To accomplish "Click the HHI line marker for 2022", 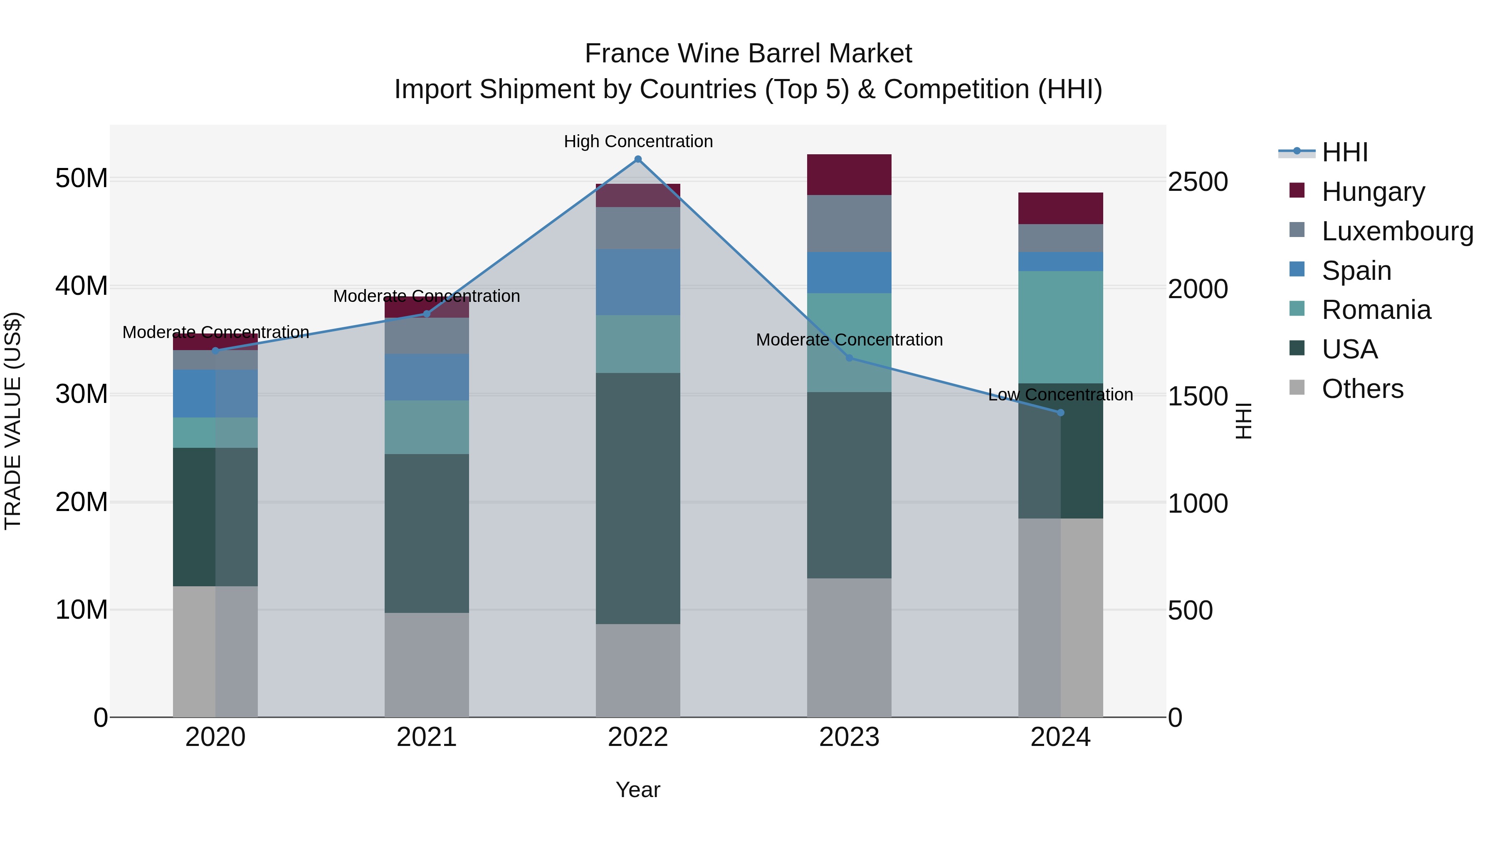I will point(637,159).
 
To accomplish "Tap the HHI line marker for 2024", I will point(1060,412).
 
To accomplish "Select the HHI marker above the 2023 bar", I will point(849,358).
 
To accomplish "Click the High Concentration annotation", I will point(638,142).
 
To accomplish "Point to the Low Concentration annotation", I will point(1060,395).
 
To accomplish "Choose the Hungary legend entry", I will point(1373,192).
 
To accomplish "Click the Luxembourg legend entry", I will point(1397,231).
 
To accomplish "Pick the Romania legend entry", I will point(1376,310).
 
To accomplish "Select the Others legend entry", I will point(1362,389).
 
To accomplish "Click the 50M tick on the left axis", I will point(82,178).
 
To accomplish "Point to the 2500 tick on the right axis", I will point(1198,182).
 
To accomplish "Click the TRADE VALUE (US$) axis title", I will point(13,421).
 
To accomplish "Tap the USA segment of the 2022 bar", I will point(637,499).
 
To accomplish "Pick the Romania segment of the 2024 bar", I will point(1060,327).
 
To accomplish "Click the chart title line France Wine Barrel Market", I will point(748,54).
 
